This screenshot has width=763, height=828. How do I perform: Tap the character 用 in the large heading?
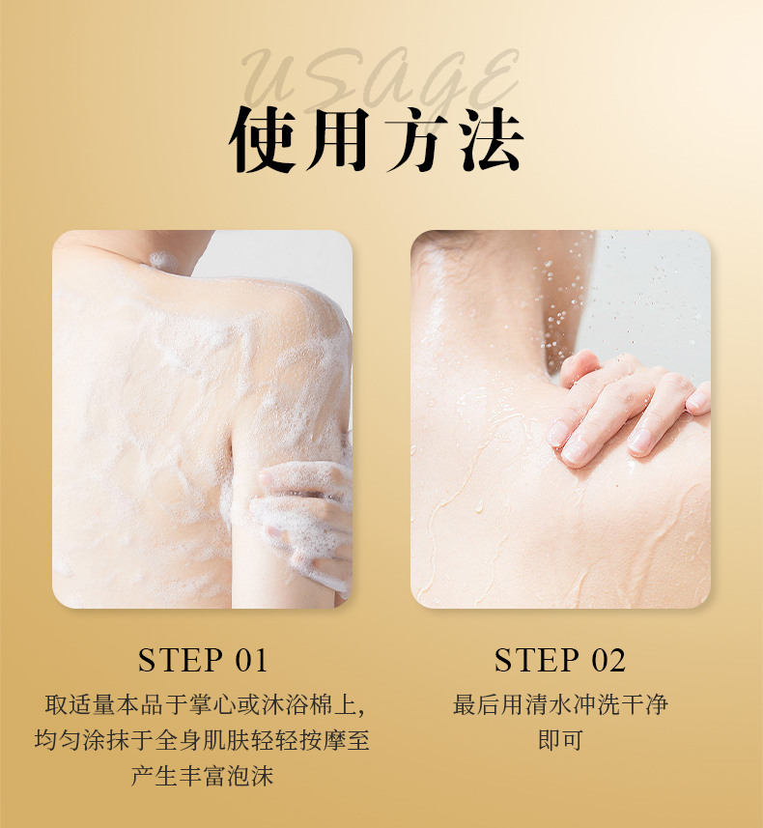pos(333,142)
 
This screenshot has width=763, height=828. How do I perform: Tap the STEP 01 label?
pos(203,661)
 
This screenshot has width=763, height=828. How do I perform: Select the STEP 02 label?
pos(560,661)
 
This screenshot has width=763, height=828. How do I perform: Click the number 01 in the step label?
pos(251,661)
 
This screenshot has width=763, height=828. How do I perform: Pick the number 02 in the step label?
pos(608,661)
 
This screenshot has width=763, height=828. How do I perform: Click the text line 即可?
pos(560,741)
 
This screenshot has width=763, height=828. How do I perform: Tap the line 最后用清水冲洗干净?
pos(560,705)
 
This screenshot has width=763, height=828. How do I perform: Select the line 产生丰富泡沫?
pos(203,776)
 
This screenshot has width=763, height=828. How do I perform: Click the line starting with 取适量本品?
pos(203,705)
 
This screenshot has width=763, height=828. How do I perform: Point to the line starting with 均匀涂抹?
pos(203,741)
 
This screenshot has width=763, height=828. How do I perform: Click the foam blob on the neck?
pos(160,259)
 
